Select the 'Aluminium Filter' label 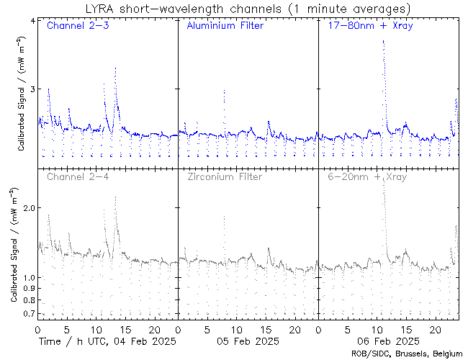point(225,27)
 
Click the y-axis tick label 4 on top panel point(31,20)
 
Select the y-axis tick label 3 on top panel point(31,89)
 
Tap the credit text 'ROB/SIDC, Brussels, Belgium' point(407,354)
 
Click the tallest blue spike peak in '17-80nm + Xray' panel point(384,41)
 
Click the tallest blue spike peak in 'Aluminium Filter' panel point(225,91)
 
